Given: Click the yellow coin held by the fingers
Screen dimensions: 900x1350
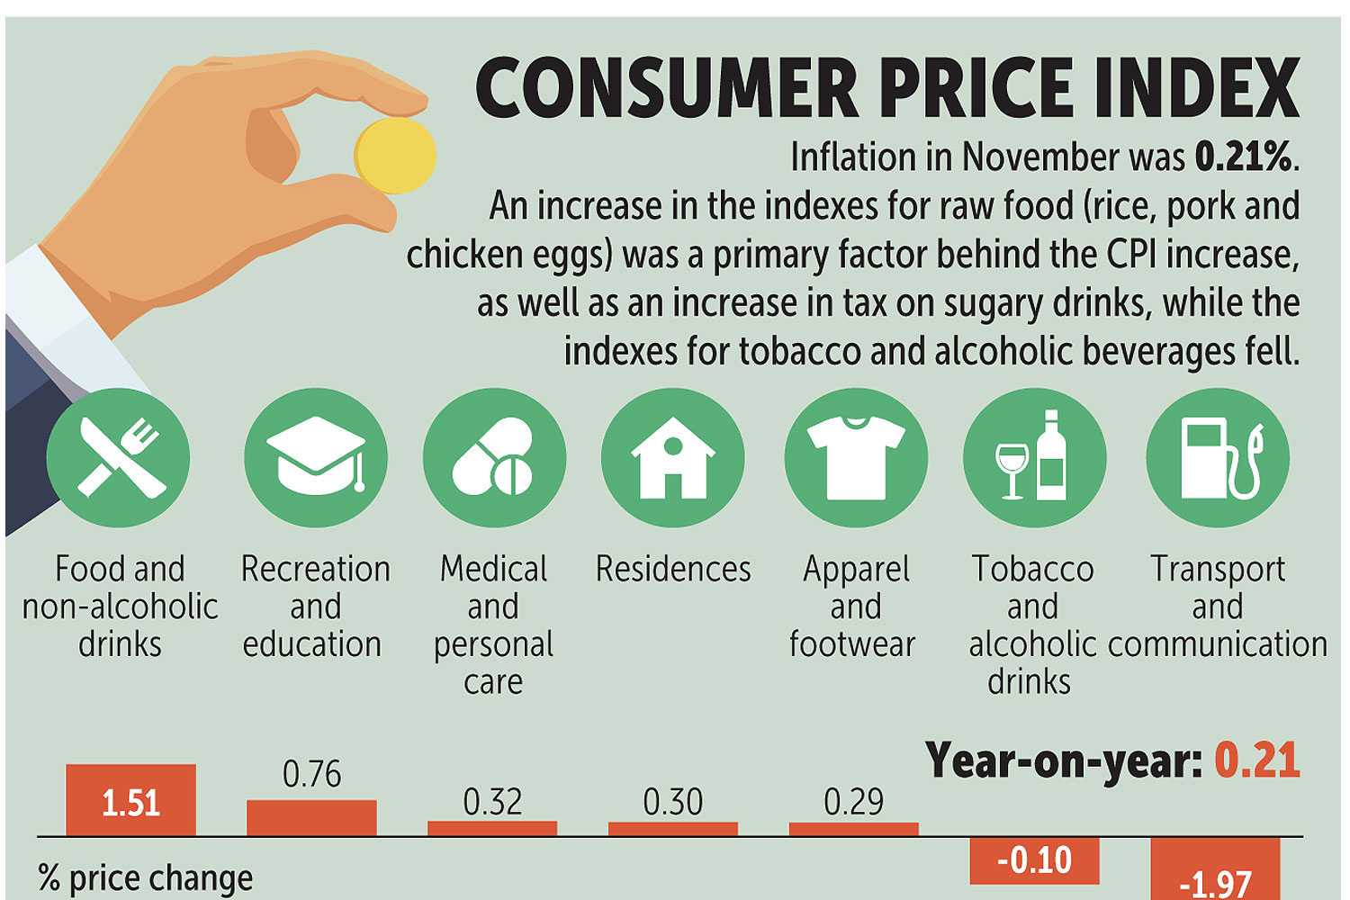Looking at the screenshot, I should pos(395,155).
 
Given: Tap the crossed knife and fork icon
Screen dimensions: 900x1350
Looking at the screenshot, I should pos(119,458).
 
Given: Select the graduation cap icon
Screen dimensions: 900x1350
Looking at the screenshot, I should pos(316,458).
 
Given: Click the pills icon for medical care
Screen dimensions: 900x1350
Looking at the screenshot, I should pos(494,458).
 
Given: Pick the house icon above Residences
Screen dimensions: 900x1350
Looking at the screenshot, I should pos(672,458).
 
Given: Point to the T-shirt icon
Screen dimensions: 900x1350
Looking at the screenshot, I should pos(855,458).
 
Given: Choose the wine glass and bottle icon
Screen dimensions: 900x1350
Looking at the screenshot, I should pos(1034,458).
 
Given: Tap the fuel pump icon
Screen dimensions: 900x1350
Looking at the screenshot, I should pos(1218,458).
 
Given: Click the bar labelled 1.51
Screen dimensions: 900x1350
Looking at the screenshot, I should pos(130,800).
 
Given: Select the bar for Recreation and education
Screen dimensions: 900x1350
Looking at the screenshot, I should pos(311,818).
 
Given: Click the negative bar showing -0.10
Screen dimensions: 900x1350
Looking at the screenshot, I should pos(1034,860).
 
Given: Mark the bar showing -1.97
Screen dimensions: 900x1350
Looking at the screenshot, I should pos(1215,869).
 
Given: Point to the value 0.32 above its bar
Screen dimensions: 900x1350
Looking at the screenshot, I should pos(492,802).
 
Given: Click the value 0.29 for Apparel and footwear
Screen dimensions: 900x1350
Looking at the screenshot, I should pos(853,802).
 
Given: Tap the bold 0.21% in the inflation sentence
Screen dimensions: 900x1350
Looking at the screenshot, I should pos(1245,158).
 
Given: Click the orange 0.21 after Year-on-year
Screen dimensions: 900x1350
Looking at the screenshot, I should pos(1256,760).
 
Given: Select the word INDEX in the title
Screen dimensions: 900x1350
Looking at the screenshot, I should pos(1198,88).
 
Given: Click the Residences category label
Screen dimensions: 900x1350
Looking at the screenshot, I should pos(673,570).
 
